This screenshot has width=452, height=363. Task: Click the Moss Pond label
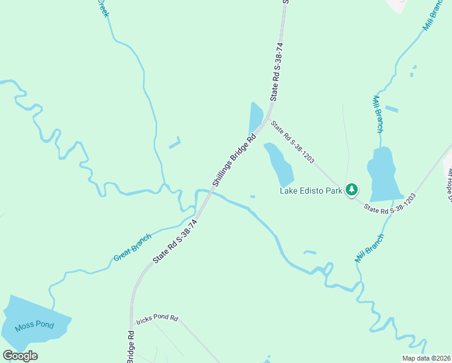coord(34,325)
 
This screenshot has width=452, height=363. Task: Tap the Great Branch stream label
coord(132,248)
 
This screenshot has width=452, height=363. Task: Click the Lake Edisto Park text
coord(311,191)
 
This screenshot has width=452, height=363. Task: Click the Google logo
coord(20,356)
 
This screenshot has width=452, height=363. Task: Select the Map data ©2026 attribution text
coord(426,358)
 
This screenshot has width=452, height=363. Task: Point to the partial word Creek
coord(103,8)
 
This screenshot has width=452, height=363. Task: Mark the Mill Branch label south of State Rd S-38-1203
coord(369,248)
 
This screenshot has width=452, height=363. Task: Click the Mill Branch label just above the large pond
coord(378,113)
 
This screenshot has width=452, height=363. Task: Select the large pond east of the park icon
coord(383,175)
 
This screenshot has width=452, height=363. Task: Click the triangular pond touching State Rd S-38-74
coord(256,118)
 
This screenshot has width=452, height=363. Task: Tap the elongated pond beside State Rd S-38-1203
coord(279,164)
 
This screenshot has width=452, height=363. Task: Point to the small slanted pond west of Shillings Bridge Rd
coord(175,143)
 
